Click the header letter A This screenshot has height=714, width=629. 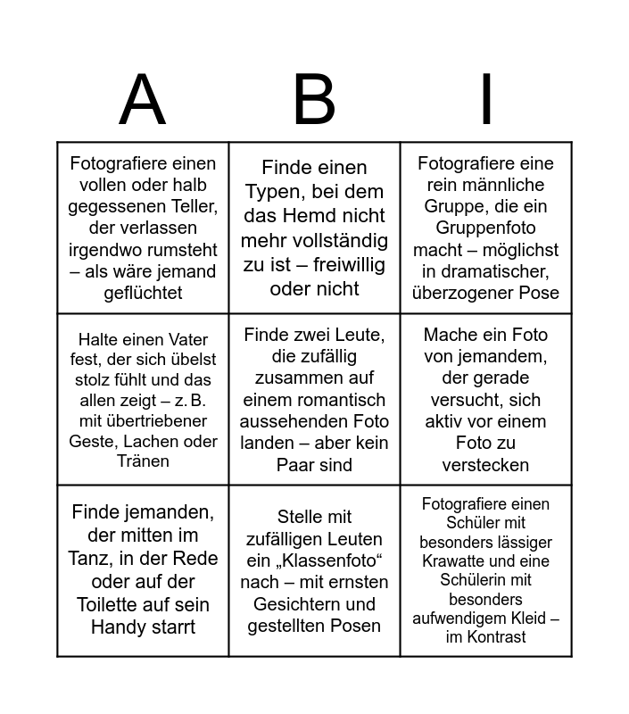pyautogui.click(x=143, y=100)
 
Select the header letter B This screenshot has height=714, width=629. pyautogui.click(x=314, y=100)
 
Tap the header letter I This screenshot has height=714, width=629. pyautogui.click(x=486, y=100)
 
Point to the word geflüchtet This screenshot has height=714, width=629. pyautogui.click(x=143, y=293)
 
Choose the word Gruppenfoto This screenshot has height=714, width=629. pyautogui.click(x=485, y=228)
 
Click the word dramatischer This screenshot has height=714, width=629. pyautogui.click(x=495, y=271)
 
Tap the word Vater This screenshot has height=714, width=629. pyautogui.click(x=190, y=339)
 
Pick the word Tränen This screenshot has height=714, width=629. pyautogui.click(x=143, y=461)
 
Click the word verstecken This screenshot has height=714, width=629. pyautogui.click(x=485, y=464)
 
